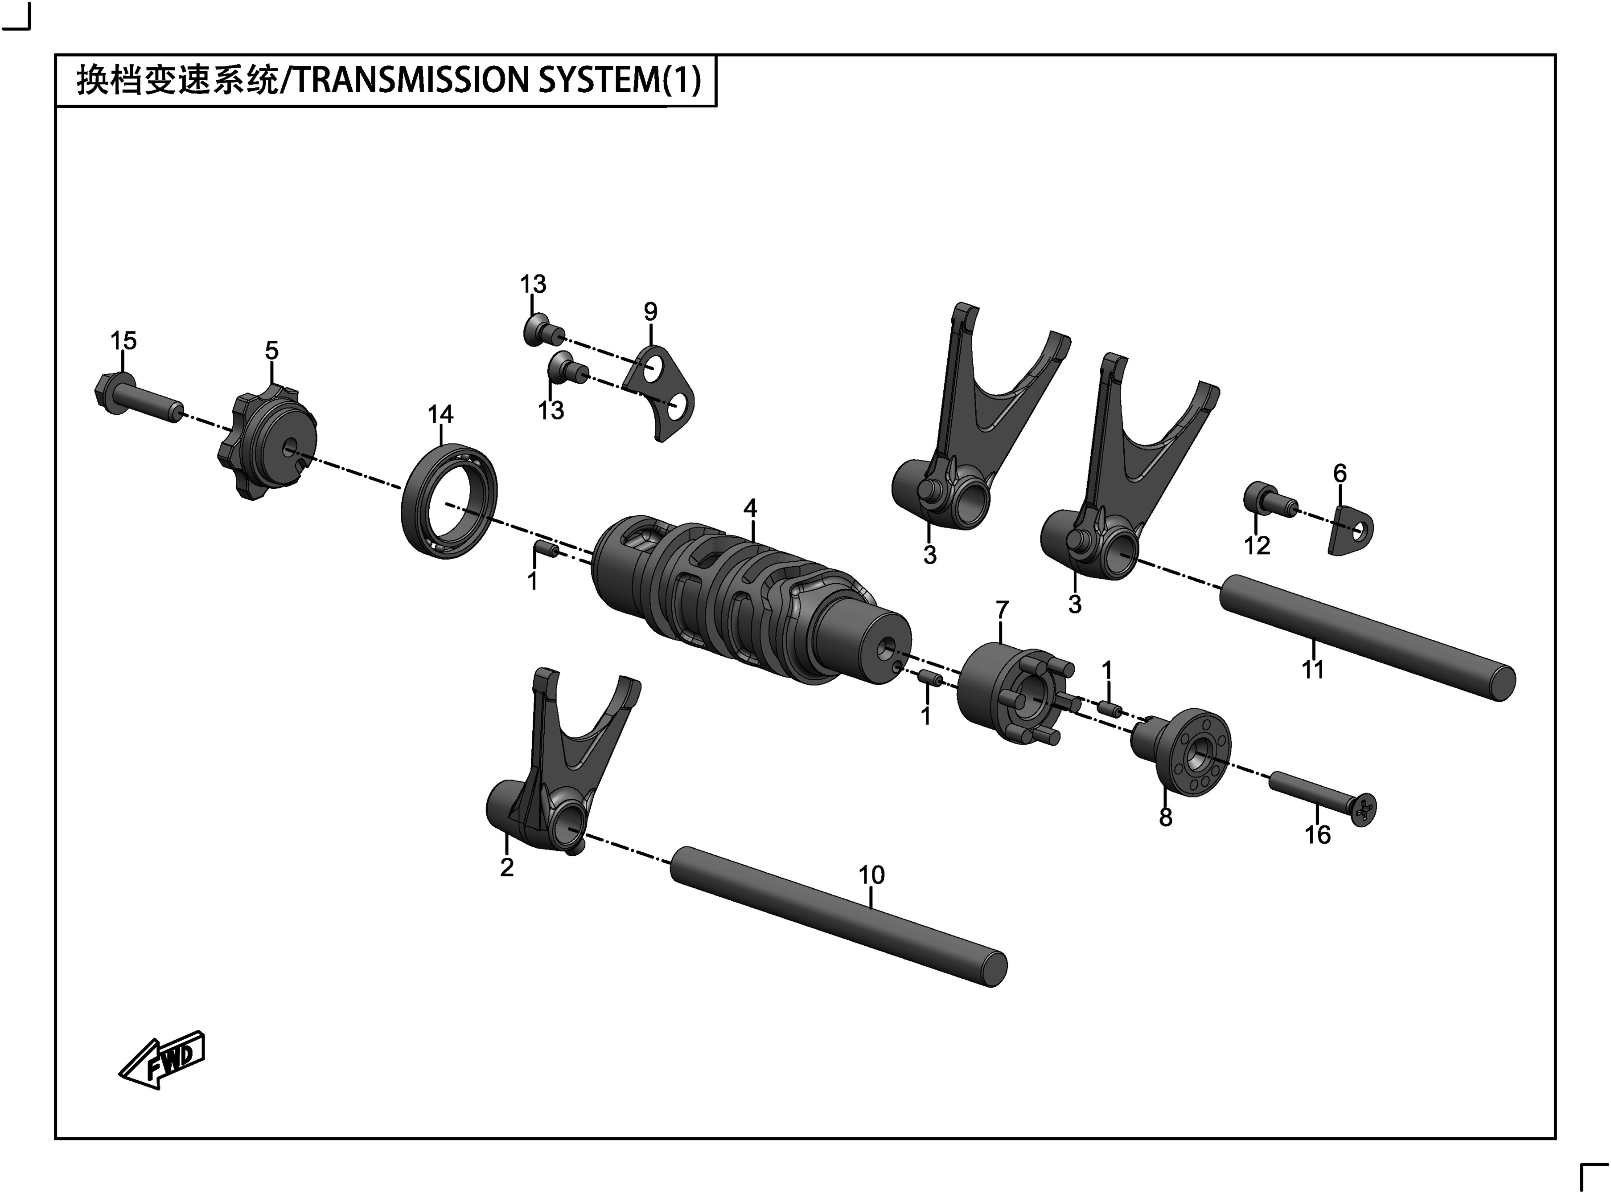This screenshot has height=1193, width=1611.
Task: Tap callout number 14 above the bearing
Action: tap(440, 414)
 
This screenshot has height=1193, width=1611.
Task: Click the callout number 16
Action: tap(1317, 835)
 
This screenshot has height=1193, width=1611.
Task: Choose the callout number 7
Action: tap(1001, 610)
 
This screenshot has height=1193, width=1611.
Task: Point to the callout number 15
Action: tap(123, 340)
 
